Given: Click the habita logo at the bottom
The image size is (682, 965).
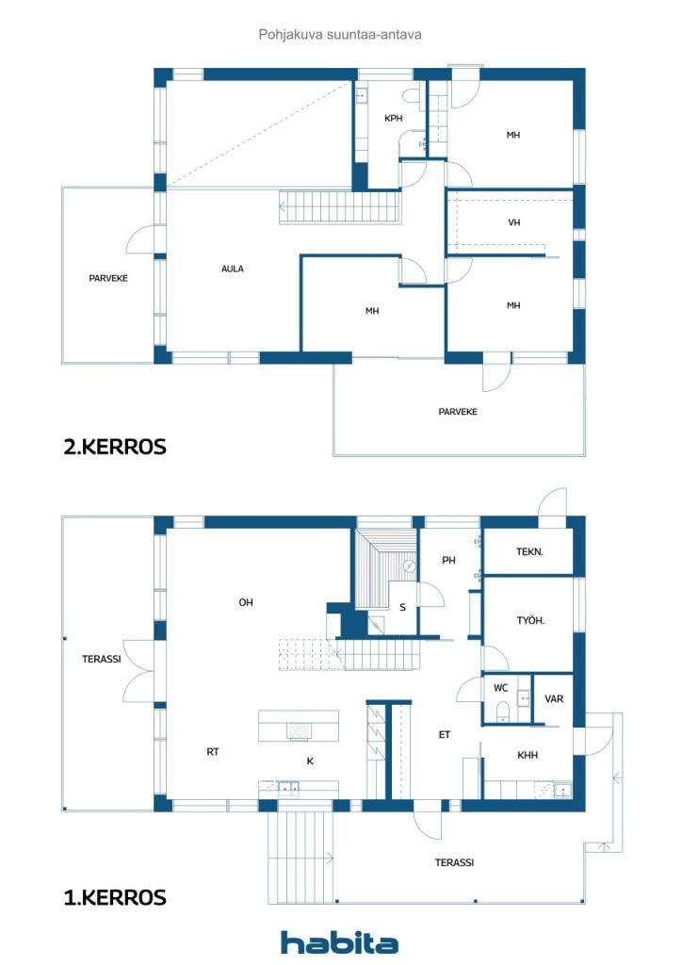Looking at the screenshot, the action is coord(339,942).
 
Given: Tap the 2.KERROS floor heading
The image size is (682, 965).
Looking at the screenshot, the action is coord(115,447).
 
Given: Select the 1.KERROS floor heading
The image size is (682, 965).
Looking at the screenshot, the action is coord(115,897).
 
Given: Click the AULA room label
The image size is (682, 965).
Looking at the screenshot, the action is coord(233,269).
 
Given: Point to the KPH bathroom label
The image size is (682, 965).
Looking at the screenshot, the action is coord(394,118).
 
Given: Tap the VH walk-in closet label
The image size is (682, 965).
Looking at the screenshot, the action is coord(514,222).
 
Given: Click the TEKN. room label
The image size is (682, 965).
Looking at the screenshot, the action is coord(529,551).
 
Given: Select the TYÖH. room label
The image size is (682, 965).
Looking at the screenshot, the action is coord(530,620).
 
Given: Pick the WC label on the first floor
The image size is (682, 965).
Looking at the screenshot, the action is coord(500,688).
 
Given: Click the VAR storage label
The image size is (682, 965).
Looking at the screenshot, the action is coord(554,698).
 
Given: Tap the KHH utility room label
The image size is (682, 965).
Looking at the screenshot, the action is coord(528,755).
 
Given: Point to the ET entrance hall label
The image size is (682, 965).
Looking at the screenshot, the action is coord(445,734).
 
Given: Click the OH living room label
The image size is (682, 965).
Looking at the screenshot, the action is coord(246,602).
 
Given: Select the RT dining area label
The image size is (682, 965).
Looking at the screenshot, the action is coord(213,751).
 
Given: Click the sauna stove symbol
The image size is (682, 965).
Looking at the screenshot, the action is coord(410,566).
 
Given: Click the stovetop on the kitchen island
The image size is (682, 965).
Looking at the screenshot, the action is coord(300,731).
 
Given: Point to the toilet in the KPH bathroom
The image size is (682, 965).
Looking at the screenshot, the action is coord(412,96).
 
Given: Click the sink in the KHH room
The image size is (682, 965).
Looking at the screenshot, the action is coord(563,790).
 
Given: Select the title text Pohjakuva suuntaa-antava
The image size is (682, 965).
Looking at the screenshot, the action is coord(340,35).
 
